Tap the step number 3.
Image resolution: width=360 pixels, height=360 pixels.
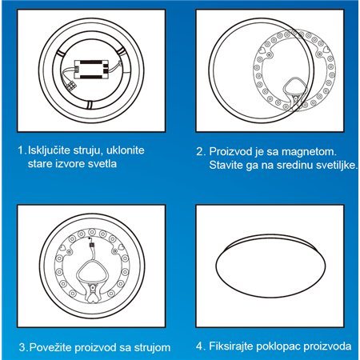[x=22, y=349]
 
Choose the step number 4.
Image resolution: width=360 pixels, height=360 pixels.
[x=198, y=349]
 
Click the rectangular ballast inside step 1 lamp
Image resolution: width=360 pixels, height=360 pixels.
[x=93, y=70]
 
